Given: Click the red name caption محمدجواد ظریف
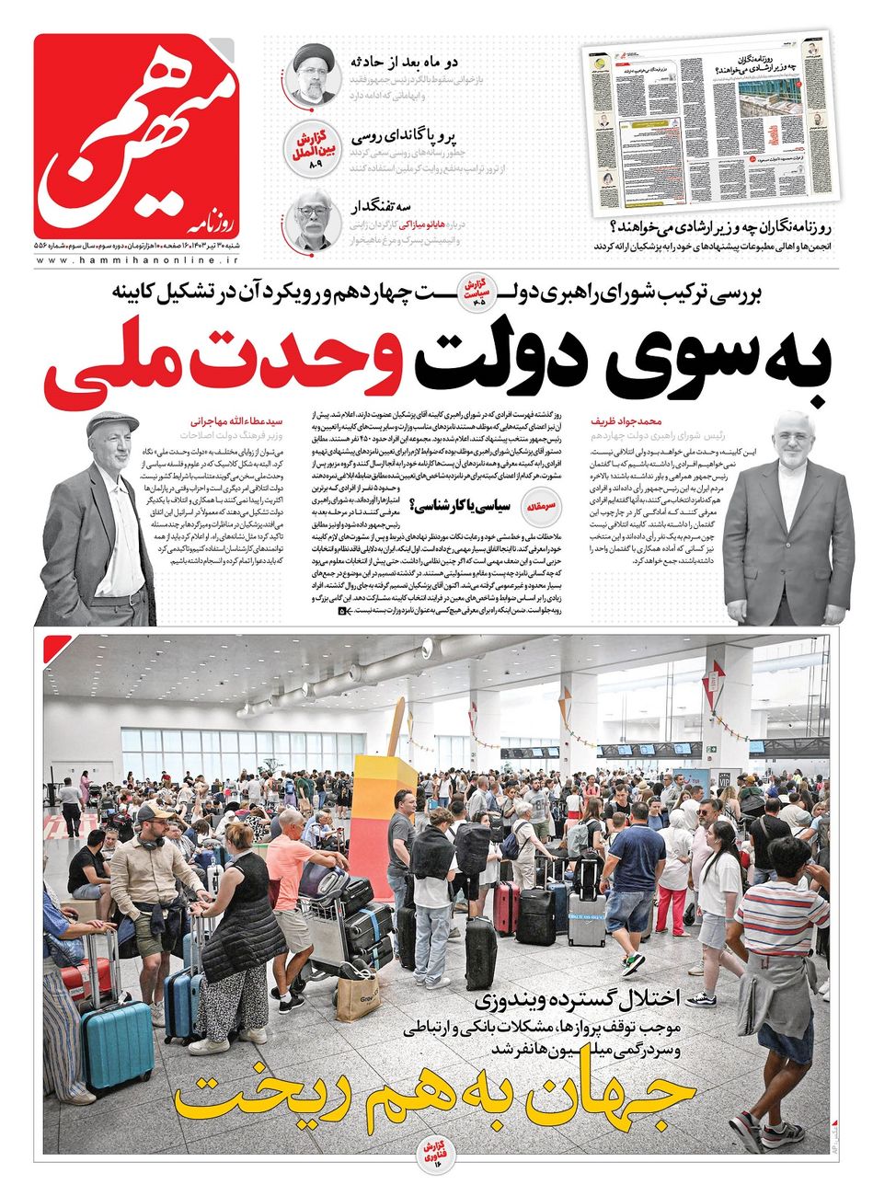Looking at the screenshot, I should tap(628, 418).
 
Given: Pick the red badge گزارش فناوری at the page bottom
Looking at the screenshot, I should tap(434, 1150).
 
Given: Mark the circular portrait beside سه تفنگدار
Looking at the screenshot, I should tap(315, 221).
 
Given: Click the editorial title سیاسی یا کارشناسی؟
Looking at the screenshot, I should tap(465, 505).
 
